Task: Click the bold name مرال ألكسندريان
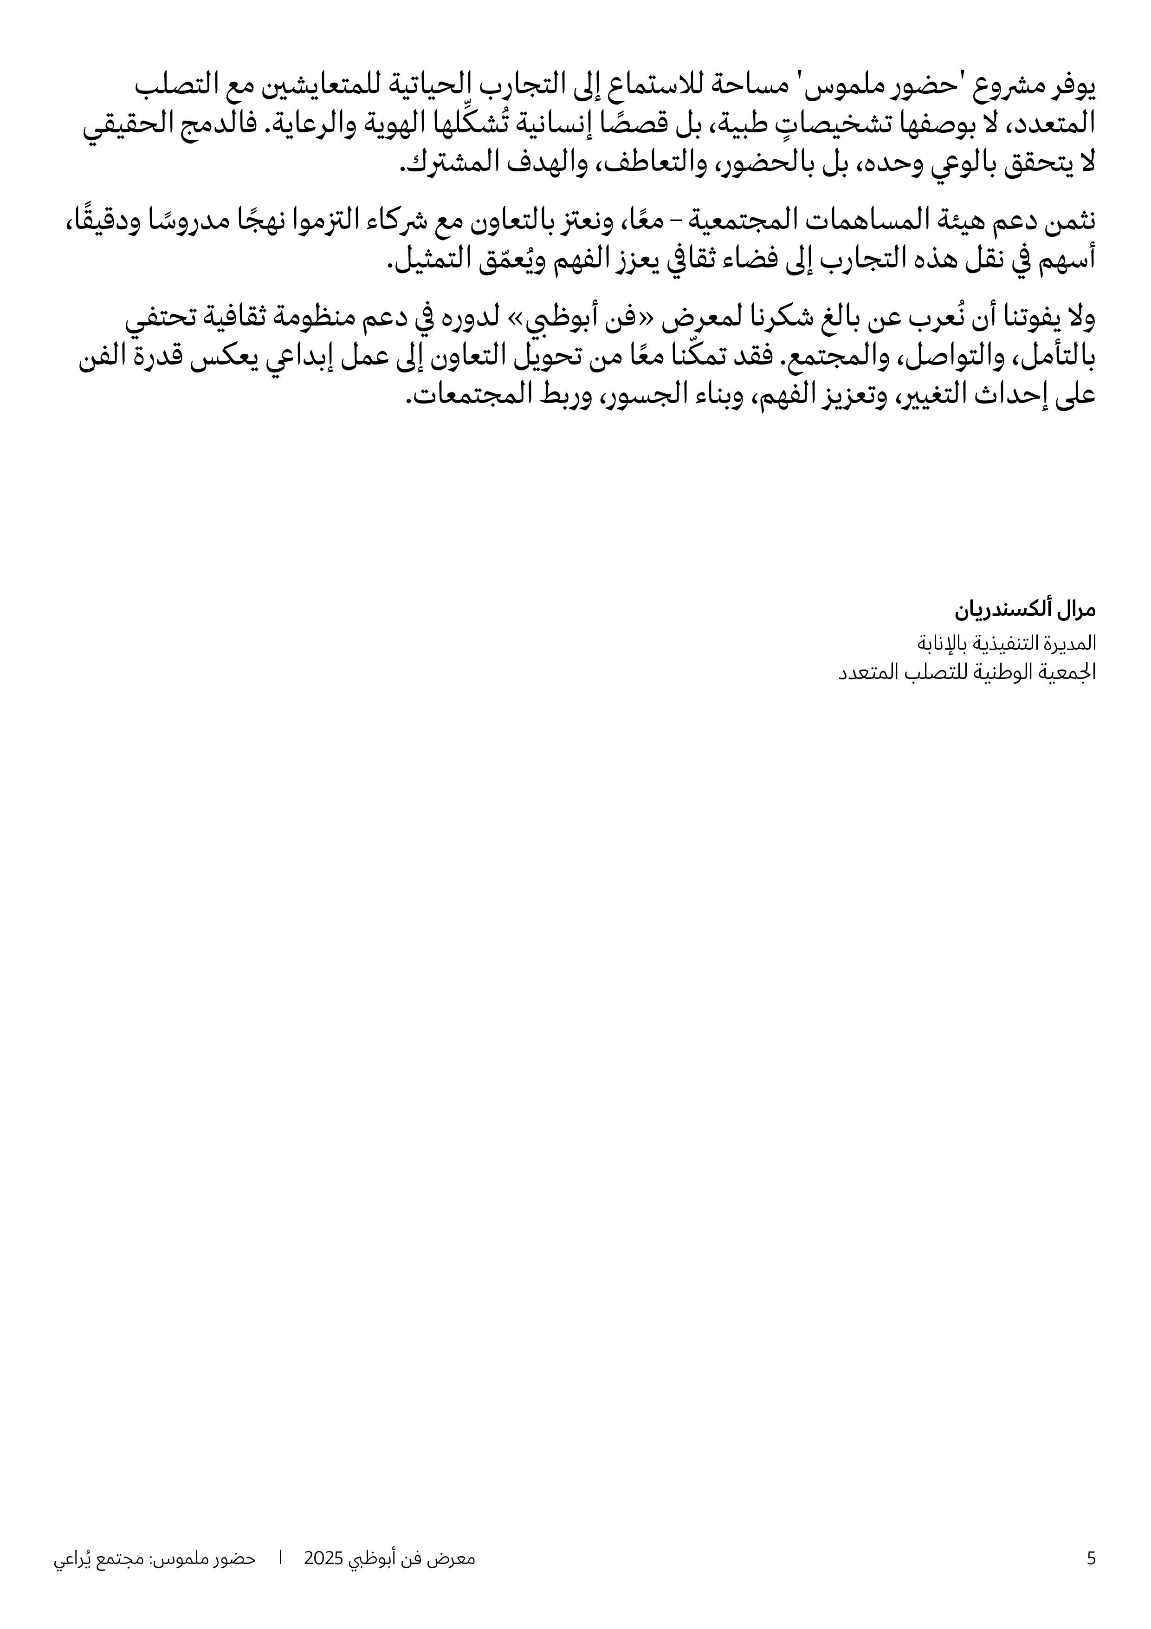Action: [x=1026, y=609]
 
